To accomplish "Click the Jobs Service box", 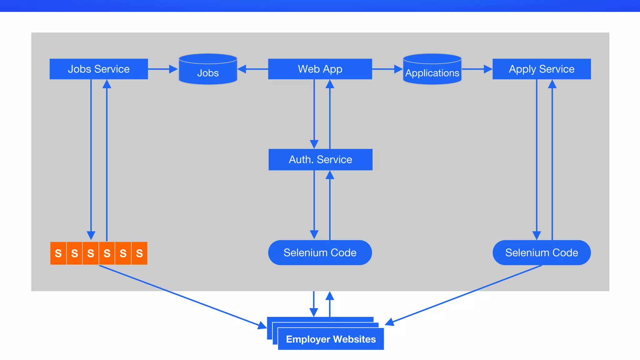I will [x=99, y=69].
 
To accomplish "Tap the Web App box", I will [x=320, y=69].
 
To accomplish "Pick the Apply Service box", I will [x=542, y=69].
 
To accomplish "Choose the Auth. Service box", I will [x=320, y=160].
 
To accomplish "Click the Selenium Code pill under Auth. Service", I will [x=320, y=252].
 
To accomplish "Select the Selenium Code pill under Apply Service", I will [x=542, y=252].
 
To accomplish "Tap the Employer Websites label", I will [x=331, y=339].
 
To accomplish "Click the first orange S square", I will [x=58, y=253].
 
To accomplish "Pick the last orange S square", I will [x=139, y=253].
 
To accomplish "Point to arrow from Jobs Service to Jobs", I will [x=162, y=69].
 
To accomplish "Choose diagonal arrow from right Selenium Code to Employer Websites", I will [x=466, y=293].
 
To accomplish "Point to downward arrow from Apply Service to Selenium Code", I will [x=537, y=159].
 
